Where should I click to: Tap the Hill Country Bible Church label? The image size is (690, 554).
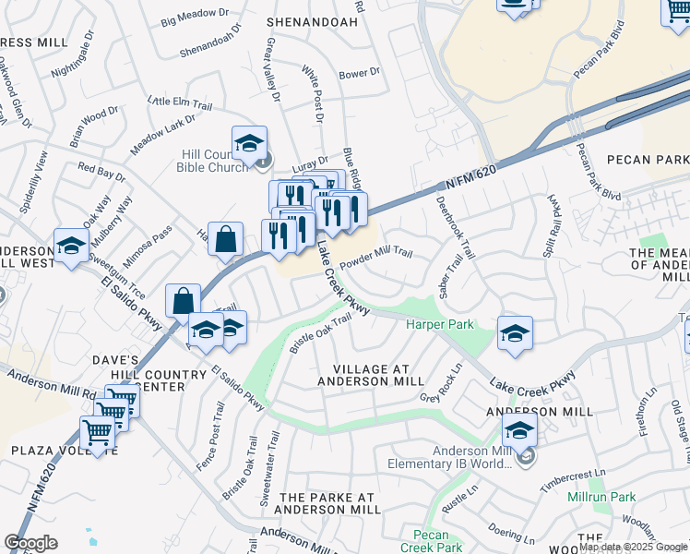(214, 161)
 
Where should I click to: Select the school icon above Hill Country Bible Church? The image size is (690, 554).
(249, 144)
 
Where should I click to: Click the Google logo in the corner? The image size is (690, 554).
(30, 543)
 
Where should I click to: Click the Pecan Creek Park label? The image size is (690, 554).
(431, 541)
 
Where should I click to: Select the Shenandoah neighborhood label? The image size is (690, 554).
(305, 20)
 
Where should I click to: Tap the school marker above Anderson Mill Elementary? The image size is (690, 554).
(519, 430)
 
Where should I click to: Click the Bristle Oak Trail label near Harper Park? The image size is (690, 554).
(321, 333)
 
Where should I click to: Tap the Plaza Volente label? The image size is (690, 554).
(65, 450)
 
